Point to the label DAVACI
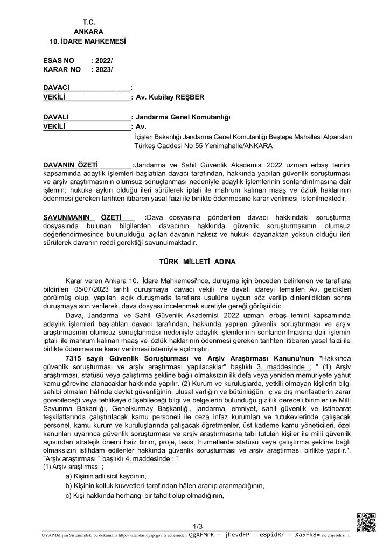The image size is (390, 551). click(57, 88)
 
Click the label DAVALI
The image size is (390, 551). click(56, 116)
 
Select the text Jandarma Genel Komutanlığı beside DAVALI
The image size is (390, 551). click(183, 116)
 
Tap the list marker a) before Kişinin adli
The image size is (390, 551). click(68, 476)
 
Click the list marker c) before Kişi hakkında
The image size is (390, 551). click(68, 496)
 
